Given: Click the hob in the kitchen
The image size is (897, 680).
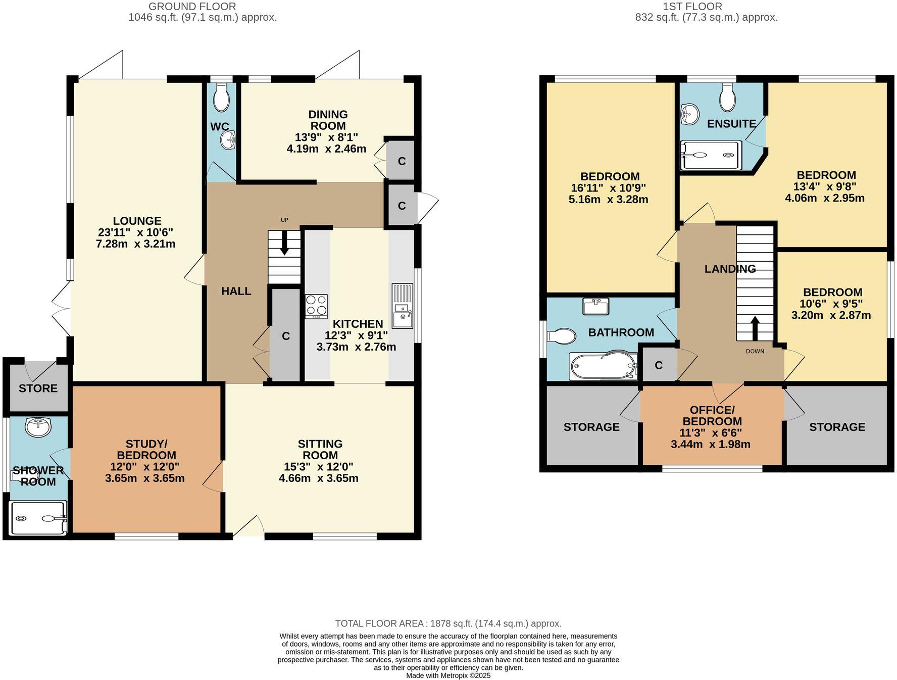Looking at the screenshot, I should pyautogui.click(x=316, y=306).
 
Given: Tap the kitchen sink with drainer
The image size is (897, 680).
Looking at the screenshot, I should pyautogui.click(x=403, y=306).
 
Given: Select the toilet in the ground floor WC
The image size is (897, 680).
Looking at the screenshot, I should pyautogui.click(x=221, y=98).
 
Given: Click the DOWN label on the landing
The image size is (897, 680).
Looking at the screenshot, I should pyautogui.click(x=755, y=351).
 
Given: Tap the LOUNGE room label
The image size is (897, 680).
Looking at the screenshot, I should pyautogui.click(x=137, y=221).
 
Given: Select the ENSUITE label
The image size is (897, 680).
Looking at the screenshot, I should pyautogui.click(x=731, y=124).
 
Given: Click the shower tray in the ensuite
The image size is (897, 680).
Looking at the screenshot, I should pyautogui.click(x=711, y=156).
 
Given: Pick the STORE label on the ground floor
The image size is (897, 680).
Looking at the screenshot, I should pyautogui.click(x=38, y=388).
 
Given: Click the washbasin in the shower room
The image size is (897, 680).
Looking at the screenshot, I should pyautogui.click(x=38, y=427).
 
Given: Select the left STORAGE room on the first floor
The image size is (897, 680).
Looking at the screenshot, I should pyautogui.click(x=591, y=427).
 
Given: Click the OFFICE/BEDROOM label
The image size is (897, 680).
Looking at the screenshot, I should pyautogui.click(x=712, y=415).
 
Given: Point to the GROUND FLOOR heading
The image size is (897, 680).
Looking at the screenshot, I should pyautogui.click(x=192, y=7).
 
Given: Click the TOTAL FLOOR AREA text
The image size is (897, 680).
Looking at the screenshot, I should pyautogui.click(x=448, y=623).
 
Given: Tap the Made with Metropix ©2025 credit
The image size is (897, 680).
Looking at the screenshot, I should pyautogui.click(x=448, y=675).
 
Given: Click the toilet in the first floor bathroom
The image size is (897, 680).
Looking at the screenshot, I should pyautogui.click(x=562, y=336).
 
